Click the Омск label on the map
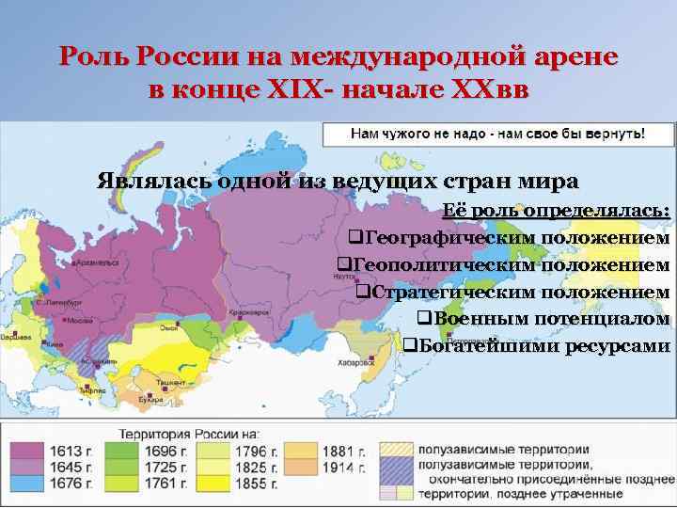pyautogui.click(x=170, y=327)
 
